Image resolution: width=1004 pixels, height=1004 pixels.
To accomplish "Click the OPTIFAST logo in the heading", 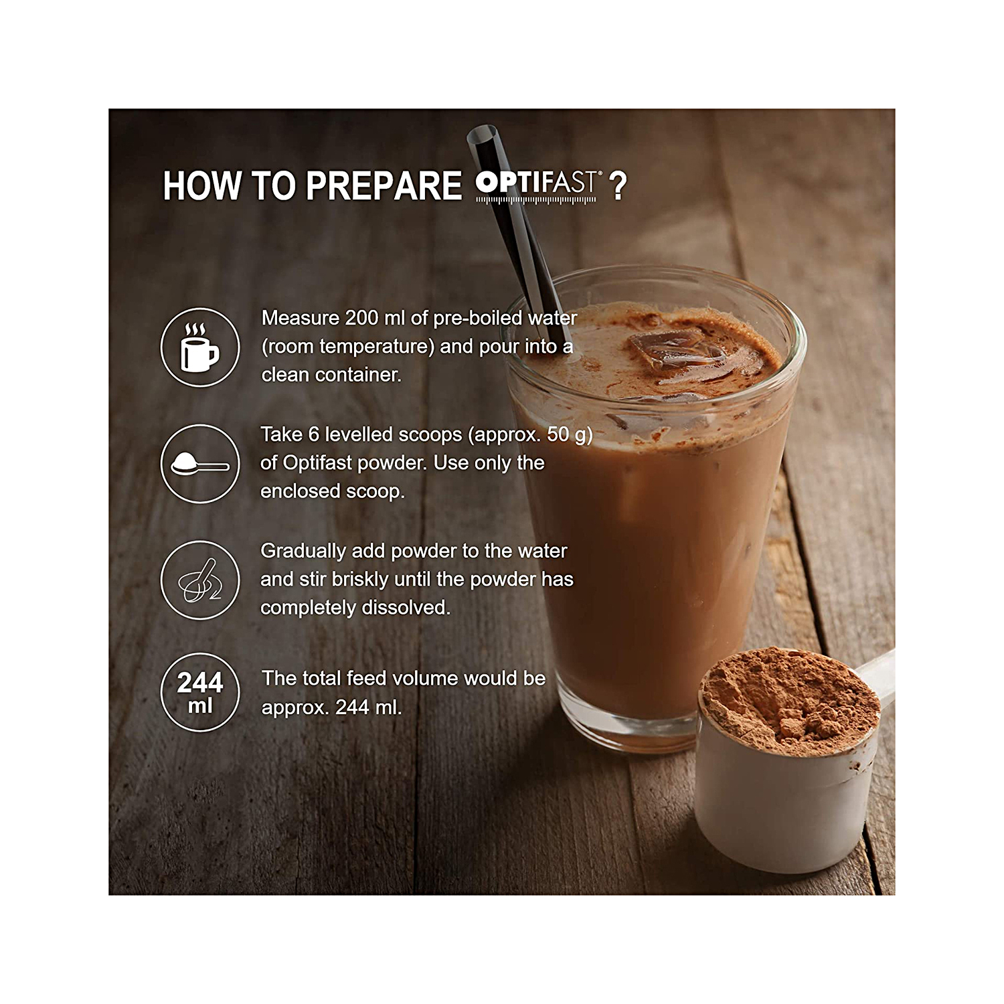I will [535, 185].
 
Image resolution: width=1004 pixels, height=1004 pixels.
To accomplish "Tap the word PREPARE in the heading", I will [384, 186].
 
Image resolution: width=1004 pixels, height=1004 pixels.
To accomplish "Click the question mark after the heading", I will [618, 186].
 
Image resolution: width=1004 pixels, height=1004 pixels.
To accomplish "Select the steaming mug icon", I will [199, 347].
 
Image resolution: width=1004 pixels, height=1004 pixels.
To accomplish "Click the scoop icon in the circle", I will [199, 464].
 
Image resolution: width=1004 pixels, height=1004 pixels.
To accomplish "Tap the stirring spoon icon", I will [199, 580].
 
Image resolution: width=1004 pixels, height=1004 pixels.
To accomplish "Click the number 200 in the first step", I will [361, 318].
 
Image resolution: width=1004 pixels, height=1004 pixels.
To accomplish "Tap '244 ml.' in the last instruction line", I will [369, 707].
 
